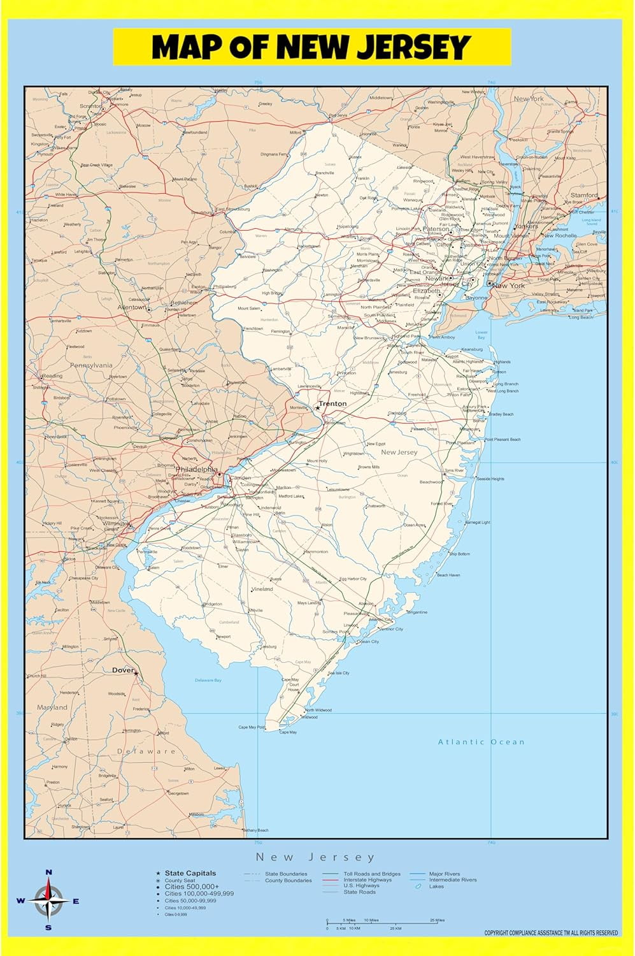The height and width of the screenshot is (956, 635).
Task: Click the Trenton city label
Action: tap(332, 403)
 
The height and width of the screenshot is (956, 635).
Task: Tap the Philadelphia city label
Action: tap(197, 469)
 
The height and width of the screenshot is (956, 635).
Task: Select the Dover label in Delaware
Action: tap(123, 670)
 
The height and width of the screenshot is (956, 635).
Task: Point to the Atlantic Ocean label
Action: tap(482, 742)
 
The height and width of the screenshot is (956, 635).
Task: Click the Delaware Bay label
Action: tap(208, 680)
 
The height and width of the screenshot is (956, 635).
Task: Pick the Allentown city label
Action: tap(132, 307)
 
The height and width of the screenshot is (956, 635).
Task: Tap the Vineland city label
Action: tap(262, 590)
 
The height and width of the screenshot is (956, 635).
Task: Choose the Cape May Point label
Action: tap(252, 727)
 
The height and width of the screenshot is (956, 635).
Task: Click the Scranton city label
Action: tap(90, 106)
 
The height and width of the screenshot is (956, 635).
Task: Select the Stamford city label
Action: tap(584, 195)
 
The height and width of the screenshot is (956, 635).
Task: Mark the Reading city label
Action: tap(52, 376)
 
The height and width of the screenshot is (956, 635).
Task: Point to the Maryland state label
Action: tap(52, 707)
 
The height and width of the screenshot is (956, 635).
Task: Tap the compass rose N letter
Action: tap(48, 873)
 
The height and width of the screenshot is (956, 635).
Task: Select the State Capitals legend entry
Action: tap(190, 873)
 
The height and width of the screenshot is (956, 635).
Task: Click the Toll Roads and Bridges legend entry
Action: tap(372, 874)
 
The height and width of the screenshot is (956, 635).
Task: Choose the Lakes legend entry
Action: tap(436, 887)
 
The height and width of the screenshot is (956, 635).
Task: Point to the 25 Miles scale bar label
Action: tap(437, 920)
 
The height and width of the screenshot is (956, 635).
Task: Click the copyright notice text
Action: tap(551, 933)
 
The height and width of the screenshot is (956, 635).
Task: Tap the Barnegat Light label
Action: tap(477, 523)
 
